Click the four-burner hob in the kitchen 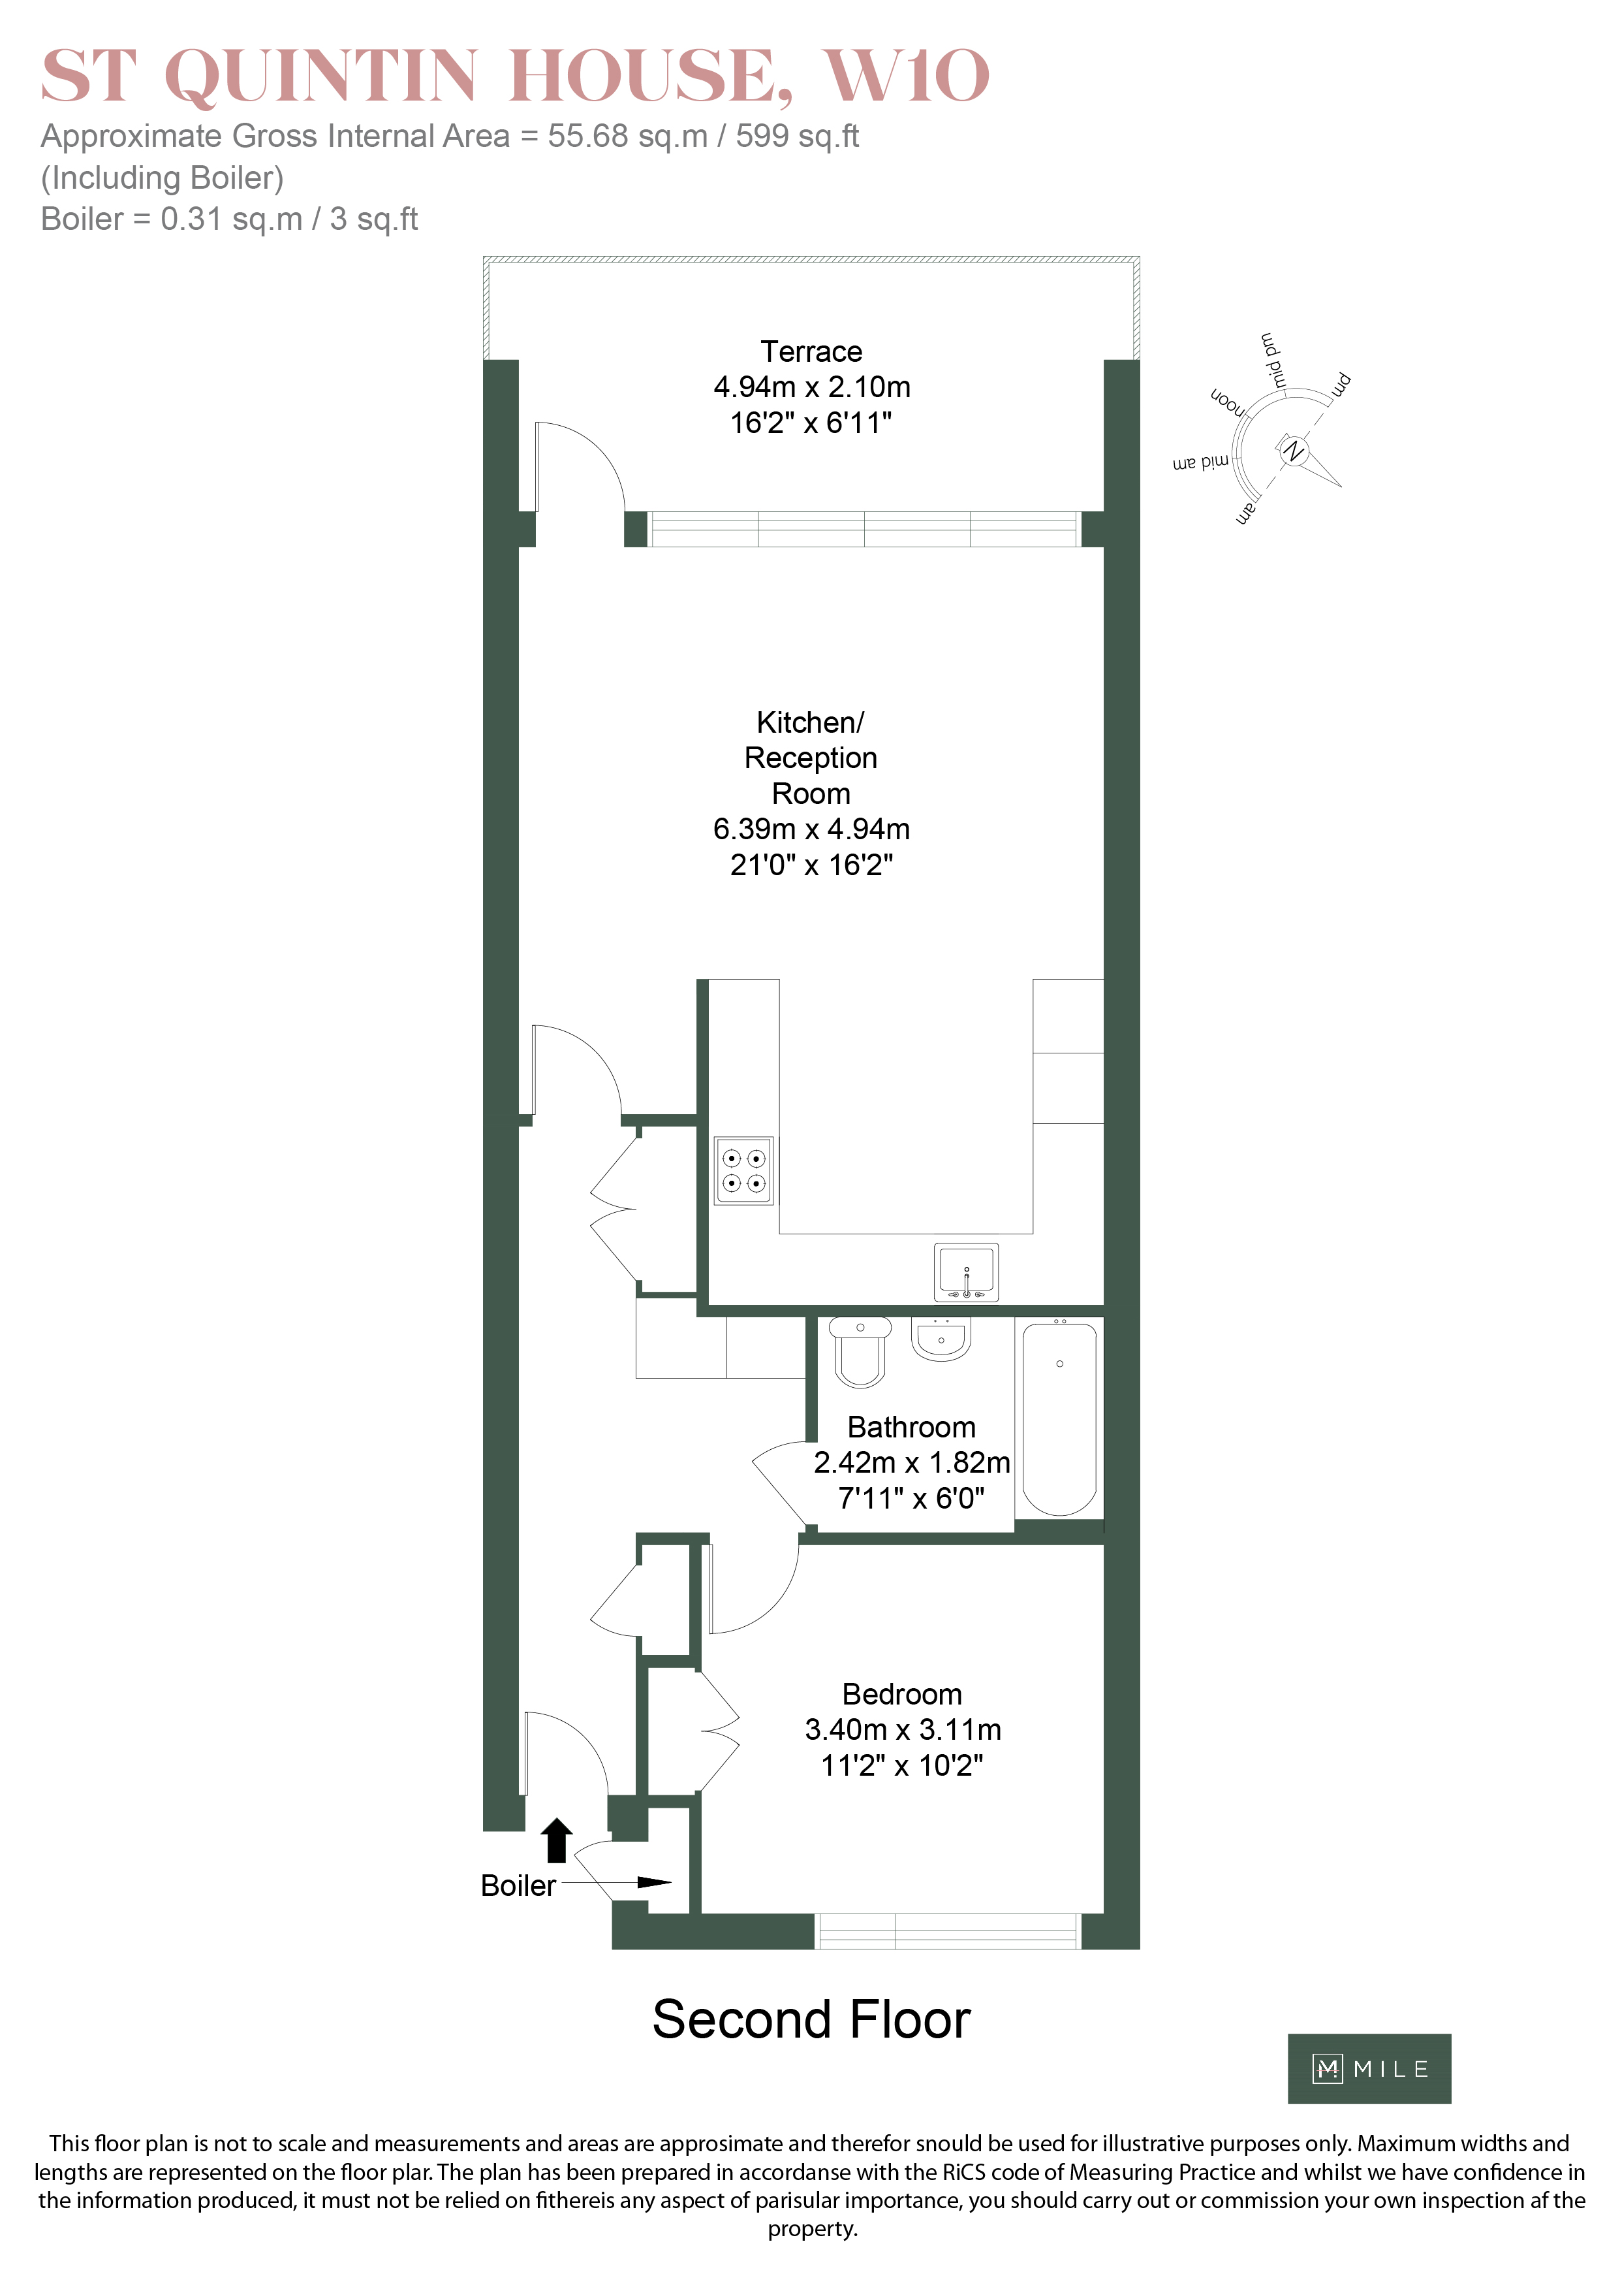click(743, 1170)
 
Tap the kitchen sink click(965, 1272)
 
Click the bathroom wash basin click(941, 1339)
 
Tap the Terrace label click(811, 351)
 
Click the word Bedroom click(902, 1694)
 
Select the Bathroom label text click(911, 1427)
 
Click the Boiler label click(518, 1886)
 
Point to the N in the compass click(1294, 451)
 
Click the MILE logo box click(1369, 2068)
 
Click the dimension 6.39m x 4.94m click(811, 829)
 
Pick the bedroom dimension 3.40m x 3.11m click(903, 1729)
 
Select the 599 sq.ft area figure click(797, 136)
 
